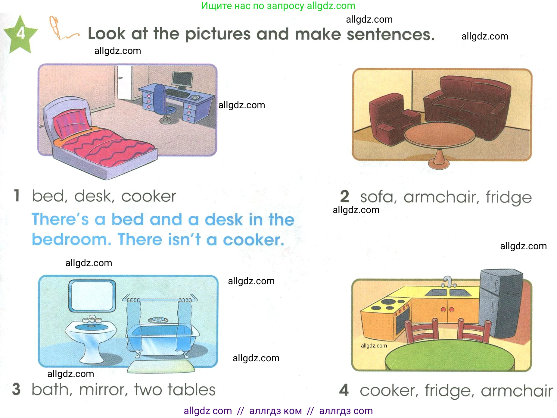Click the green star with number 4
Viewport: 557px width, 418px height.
[20, 34]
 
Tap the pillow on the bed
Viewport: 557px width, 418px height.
[72, 123]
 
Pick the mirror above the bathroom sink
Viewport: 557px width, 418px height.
[92, 296]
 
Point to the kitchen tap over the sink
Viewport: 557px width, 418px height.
[448, 282]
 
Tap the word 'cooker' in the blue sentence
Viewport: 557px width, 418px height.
[254, 240]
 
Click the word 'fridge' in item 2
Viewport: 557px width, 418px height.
[509, 198]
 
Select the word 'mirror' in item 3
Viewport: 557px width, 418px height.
[104, 389]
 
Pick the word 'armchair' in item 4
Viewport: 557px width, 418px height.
[517, 391]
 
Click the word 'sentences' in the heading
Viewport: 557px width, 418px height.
[391, 34]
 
